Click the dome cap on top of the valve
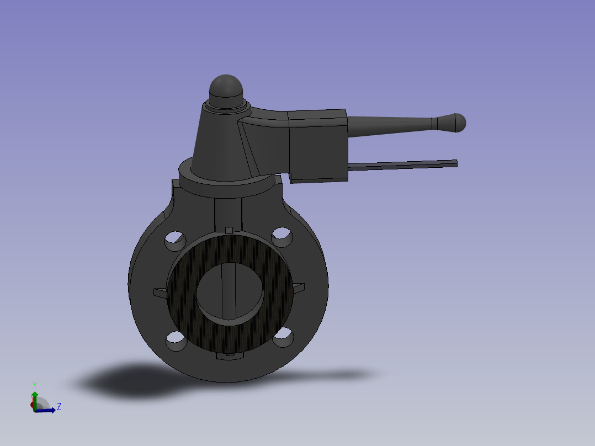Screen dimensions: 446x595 click(x=226, y=89)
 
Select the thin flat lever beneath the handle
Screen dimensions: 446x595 click(x=403, y=164)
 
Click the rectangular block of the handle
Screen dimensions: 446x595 click(x=318, y=145)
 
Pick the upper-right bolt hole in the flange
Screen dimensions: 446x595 click(x=281, y=236)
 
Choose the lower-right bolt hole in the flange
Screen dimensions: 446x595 click(x=283, y=338)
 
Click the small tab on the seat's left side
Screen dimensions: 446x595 click(x=159, y=292)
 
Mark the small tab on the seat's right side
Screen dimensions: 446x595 click(x=298, y=287)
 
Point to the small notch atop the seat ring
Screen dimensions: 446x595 click(x=230, y=229)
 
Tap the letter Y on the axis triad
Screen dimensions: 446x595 click(x=34, y=384)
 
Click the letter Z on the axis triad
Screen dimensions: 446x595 click(x=59, y=407)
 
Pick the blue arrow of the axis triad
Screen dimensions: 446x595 click(x=47, y=410)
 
